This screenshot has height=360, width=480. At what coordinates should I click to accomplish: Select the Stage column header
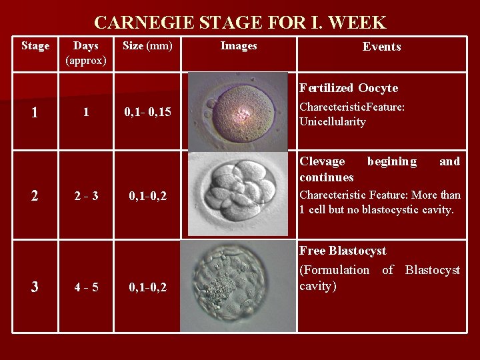click(x=35, y=46)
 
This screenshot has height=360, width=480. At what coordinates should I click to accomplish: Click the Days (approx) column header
click(x=86, y=53)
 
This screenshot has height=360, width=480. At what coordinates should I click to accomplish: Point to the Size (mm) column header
click(x=147, y=46)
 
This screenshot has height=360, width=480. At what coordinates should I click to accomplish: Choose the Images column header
click(x=239, y=46)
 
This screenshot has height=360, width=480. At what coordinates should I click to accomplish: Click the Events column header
click(x=381, y=47)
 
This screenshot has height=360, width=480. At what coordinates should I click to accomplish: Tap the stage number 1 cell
click(x=35, y=113)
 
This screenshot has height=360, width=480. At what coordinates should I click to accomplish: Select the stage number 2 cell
click(x=35, y=196)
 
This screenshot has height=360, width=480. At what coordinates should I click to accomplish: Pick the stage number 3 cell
click(x=35, y=287)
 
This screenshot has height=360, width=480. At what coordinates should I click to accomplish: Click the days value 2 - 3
click(x=87, y=196)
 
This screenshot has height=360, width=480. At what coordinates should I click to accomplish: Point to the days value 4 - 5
click(x=87, y=287)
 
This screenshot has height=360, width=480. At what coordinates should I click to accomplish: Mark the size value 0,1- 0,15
click(x=147, y=113)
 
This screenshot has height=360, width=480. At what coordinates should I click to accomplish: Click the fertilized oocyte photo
click(x=238, y=111)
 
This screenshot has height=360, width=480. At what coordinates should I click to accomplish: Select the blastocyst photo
click(x=238, y=286)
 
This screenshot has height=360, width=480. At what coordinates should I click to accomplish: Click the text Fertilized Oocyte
click(x=349, y=88)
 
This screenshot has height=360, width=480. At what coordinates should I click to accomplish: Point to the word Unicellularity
click(x=333, y=122)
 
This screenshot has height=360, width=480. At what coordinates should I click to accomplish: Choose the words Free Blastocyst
click(x=343, y=251)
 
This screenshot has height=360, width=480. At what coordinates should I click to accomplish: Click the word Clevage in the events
click(x=322, y=161)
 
